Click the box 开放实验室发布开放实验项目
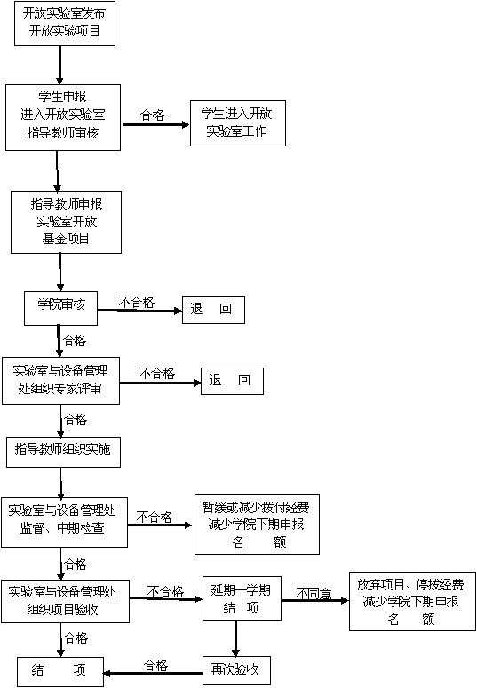point(65,23)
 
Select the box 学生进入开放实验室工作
point(238,123)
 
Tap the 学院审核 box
point(60,308)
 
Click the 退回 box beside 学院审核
point(213,310)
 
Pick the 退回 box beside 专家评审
point(232,381)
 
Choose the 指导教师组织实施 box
point(63,452)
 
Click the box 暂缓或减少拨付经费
point(257,525)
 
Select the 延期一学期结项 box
point(242,598)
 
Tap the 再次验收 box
point(236,670)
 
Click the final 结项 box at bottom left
point(60,672)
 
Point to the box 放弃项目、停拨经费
point(412,601)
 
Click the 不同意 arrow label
point(314,594)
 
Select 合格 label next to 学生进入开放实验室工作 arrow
point(152,115)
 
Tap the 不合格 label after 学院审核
point(137,303)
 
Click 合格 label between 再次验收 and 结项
point(156,666)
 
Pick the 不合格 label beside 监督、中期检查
point(155,518)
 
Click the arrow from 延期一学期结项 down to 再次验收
point(236,638)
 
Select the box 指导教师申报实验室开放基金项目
point(66,223)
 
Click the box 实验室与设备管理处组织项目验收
point(65,602)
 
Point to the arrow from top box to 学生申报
point(60,66)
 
